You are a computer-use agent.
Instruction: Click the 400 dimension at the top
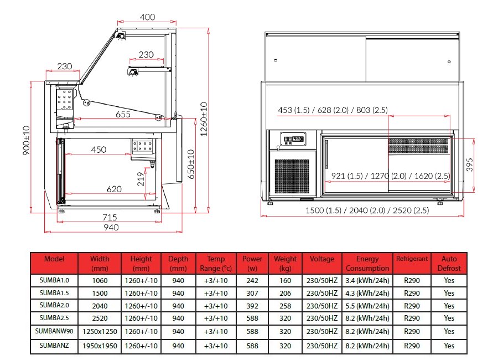point(147,17)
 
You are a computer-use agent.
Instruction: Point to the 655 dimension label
point(123,114)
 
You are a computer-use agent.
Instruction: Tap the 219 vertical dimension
point(141,179)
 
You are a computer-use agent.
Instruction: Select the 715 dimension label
point(110,217)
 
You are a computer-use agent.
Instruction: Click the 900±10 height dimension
point(27,140)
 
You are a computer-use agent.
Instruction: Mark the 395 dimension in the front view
point(469,164)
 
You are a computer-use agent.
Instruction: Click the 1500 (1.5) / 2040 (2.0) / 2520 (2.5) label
point(367,210)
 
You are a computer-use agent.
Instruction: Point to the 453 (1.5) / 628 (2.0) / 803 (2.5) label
point(333,110)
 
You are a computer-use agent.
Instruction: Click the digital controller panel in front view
point(292,140)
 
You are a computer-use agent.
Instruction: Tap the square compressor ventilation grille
point(292,176)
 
